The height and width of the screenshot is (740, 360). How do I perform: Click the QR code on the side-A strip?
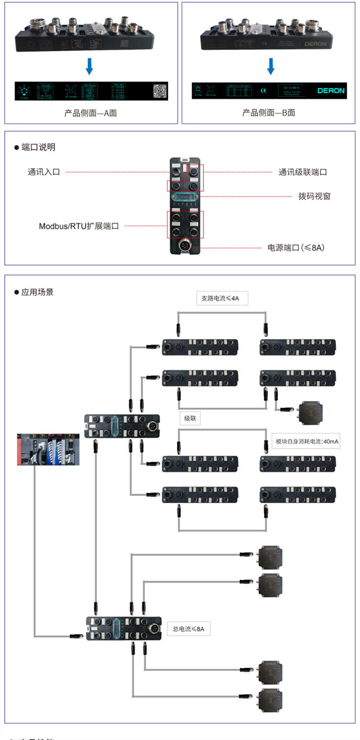(x=161, y=90)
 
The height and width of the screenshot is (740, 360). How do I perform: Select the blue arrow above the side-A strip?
(x=89, y=66)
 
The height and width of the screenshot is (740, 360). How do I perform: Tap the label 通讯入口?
(x=43, y=172)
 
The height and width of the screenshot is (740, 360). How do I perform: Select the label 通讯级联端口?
(x=303, y=172)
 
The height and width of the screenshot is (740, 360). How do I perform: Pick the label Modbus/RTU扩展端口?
(x=79, y=225)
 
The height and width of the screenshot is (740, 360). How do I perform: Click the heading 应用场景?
(x=37, y=292)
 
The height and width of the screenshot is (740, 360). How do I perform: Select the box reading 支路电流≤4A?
(x=222, y=299)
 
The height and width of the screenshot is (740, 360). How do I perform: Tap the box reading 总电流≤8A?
(x=189, y=629)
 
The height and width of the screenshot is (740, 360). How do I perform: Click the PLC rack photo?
(x=48, y=449)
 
